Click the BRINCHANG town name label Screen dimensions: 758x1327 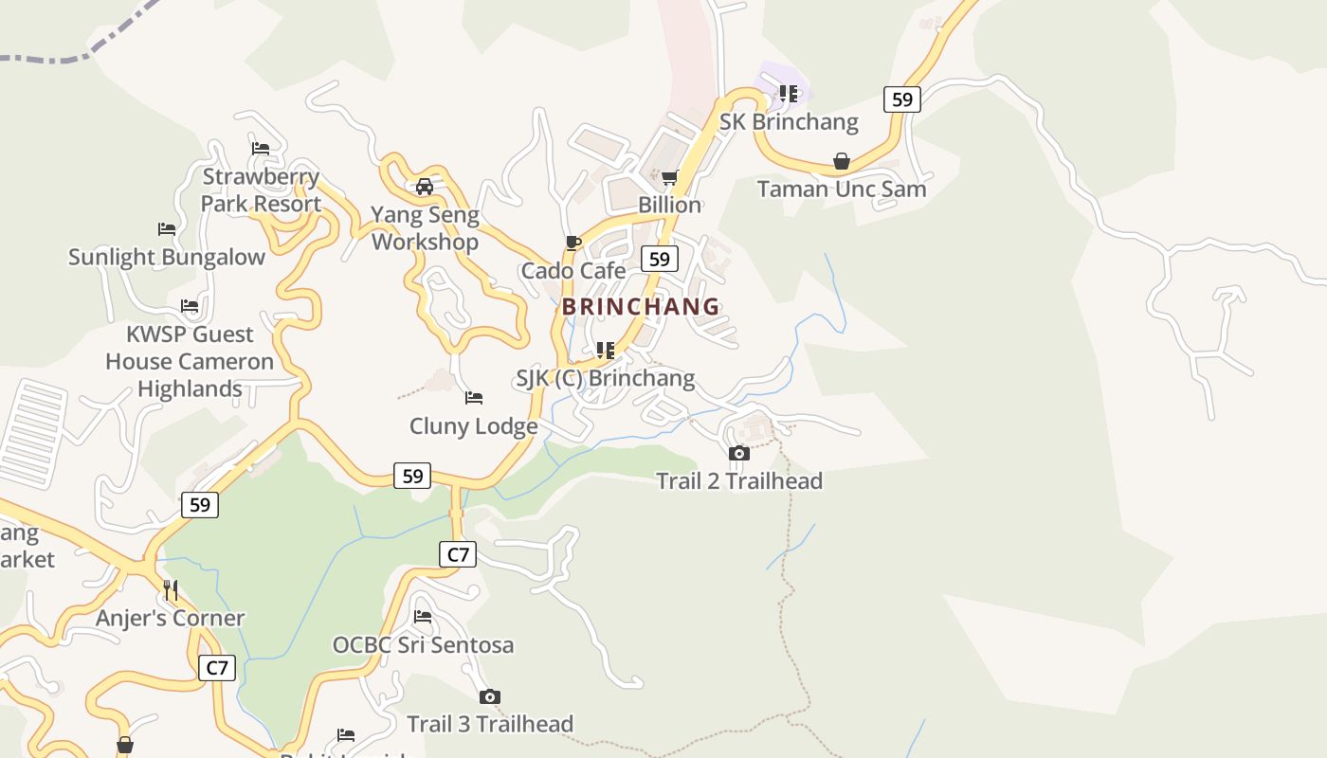[641, 307]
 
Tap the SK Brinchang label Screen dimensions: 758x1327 [789, 122]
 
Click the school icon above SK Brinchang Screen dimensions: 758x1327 [789, 94]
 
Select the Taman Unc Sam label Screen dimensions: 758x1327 [842, 189]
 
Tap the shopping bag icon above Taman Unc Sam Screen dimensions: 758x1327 [841, 162]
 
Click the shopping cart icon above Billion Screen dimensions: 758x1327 [669, 178]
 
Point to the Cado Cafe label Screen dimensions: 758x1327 [573, 271]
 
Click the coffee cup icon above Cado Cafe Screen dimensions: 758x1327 [573, 244]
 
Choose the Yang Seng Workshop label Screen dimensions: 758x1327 [425, 228]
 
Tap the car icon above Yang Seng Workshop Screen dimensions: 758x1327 [425, 187]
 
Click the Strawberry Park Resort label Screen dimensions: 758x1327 [261, 190]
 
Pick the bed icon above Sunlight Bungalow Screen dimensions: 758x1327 [167, 229]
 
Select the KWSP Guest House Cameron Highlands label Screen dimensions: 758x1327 [190, 361]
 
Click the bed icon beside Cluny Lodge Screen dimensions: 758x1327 [474, 398]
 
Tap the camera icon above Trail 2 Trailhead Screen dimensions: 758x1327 [739, 454]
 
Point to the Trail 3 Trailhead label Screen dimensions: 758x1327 [490, 724]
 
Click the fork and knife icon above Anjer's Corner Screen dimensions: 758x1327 [171, 590]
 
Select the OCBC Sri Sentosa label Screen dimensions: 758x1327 [423, 645]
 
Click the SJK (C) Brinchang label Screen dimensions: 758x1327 [605, 379]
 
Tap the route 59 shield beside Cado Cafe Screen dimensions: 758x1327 [660, 259]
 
